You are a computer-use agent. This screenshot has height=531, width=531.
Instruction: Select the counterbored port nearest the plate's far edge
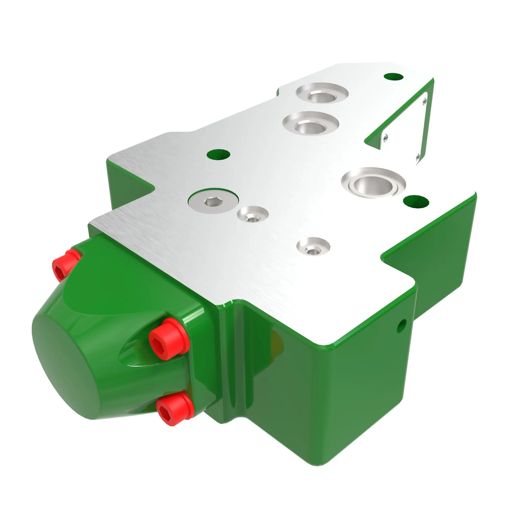click(x=322, y=95)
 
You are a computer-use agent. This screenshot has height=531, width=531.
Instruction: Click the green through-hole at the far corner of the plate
click(x=393, y=77)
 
